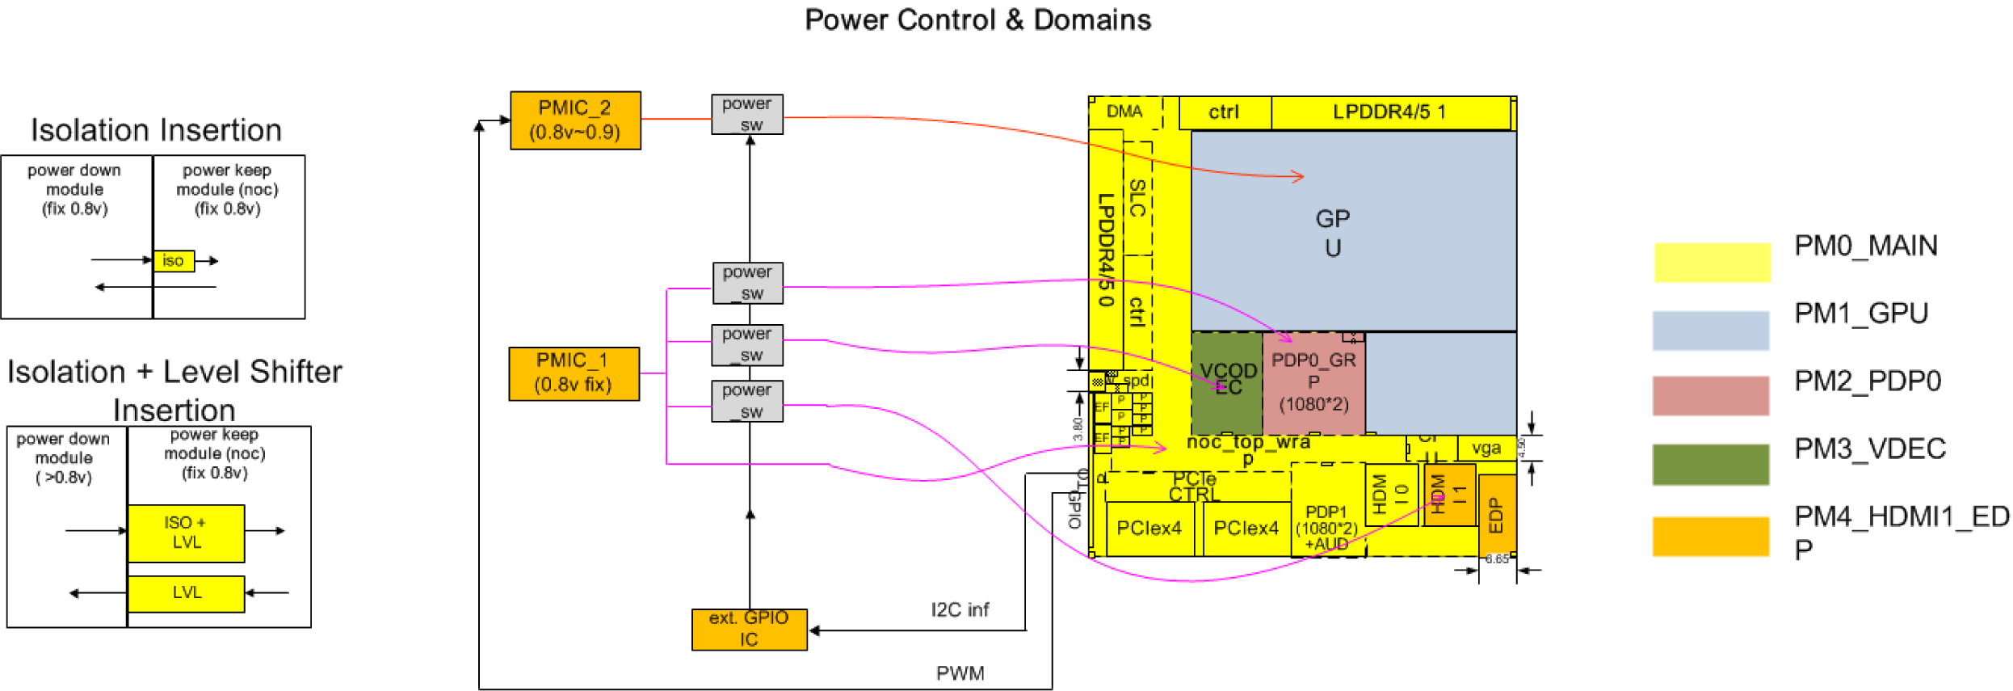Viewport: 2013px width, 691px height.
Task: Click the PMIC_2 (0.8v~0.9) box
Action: pos(575,120)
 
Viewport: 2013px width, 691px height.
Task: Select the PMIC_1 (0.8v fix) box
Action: pos(574,373)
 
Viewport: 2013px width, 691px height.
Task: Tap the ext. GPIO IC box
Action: pos(749,630)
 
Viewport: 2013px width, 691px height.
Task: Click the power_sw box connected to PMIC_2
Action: pos(747,115)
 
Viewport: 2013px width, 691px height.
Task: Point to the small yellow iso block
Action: pos(174,261)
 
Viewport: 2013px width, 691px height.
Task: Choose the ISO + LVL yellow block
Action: pos(186,533)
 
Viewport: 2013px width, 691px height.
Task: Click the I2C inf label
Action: pos(960,610)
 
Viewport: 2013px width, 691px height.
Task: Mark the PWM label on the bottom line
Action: pos(960,673)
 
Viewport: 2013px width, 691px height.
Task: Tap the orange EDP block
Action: pos(1496,516)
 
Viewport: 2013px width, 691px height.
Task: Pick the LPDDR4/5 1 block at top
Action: pos(1390,112)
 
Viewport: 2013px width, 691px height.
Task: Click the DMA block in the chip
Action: pos(1124,112)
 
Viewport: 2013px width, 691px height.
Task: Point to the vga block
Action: pos(1486,449)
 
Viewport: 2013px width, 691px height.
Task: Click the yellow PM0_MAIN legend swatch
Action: pos(1712,263)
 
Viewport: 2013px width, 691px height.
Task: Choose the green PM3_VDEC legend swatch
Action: pos(1710,465)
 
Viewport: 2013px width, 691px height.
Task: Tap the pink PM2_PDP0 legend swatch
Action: pos(1710,396)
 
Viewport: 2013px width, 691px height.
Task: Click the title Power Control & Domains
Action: pos(977,20)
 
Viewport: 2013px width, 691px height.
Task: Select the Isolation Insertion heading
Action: pos(156,130)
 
